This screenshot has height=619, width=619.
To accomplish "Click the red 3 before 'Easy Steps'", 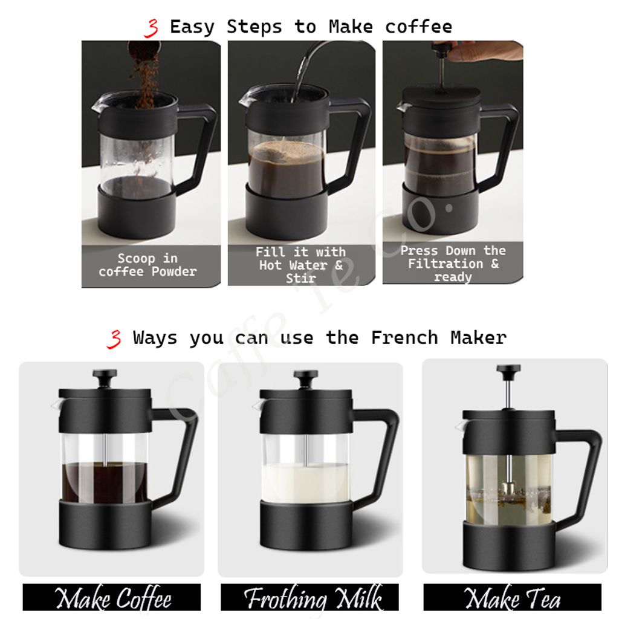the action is click(x=152, y=28).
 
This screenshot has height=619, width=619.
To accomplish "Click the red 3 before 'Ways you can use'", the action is click(x=115, y=339).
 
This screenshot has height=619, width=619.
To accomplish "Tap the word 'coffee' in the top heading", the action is click(x=418, y=27).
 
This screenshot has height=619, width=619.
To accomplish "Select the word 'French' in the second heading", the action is click(x=404, y=338).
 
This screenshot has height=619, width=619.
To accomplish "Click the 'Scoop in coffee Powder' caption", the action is click(x=147, y=265).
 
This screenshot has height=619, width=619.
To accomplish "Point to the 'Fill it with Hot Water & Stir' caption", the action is click(x=301, y=265).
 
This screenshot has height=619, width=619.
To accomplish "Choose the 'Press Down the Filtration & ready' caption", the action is click(x=453, y=264).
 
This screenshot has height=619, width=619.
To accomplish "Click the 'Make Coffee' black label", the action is click(x=112, y=597).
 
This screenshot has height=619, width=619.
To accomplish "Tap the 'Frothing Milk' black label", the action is click(x=309, y=597).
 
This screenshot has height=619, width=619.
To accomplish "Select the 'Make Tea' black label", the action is click(x=513, y=597).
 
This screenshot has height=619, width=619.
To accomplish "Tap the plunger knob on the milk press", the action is click(x=306, y=374).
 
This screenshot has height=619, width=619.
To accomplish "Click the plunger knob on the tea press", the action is click(x=509, y=369).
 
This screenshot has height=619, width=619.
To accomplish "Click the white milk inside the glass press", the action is click(x=305, y=482).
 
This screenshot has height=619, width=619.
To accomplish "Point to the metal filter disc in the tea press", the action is click(x=509, y=490).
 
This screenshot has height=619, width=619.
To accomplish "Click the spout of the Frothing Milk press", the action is click(x=257, y=404).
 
